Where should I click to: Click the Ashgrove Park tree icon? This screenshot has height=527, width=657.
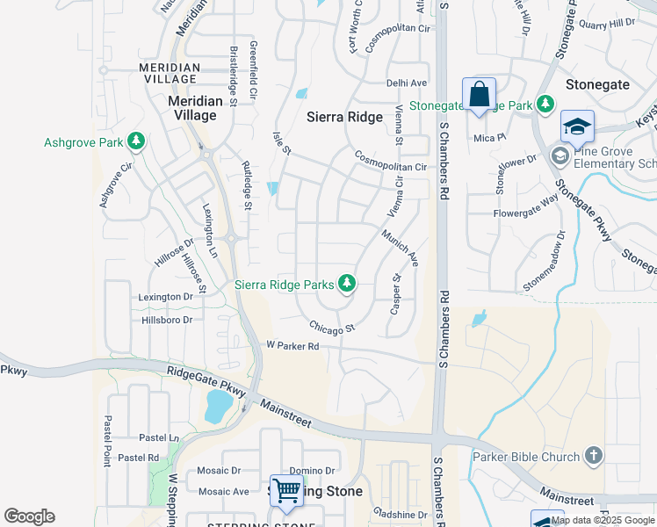click(135, 141)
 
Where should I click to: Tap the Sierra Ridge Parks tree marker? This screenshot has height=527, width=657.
click(348, 283)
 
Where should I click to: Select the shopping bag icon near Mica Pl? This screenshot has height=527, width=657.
click(479, 94)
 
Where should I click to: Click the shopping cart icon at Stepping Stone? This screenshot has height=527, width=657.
click(286, 491)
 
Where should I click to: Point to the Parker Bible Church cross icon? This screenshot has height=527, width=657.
click(594, 456)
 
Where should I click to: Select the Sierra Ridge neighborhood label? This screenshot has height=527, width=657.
click(344, 117)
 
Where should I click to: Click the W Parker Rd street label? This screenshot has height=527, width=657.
click(292, 346)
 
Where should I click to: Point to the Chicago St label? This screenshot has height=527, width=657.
click(331, 327)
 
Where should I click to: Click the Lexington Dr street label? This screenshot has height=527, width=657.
click(165, 298)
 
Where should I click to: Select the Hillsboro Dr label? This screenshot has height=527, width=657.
click(166, 321)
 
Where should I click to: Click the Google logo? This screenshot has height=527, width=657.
click(29, 516)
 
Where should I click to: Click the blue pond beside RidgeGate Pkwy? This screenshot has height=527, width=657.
click(217, 406)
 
